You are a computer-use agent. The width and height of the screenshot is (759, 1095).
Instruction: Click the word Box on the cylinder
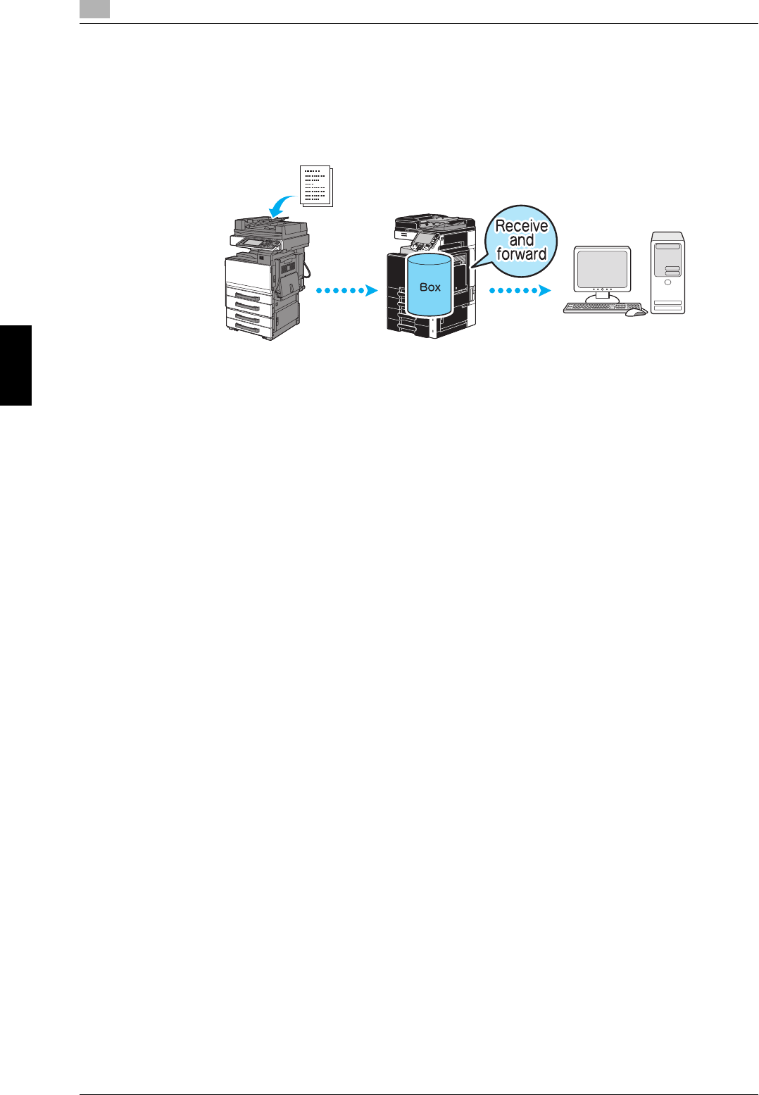pos(429,287)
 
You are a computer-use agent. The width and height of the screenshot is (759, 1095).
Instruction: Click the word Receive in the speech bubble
pos(521,226)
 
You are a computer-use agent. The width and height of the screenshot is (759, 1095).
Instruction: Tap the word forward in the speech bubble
pos(521,254)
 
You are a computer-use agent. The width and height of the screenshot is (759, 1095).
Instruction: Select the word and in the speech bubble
pos(521,240)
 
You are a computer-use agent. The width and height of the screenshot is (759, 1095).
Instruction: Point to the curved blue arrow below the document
pos(282,206)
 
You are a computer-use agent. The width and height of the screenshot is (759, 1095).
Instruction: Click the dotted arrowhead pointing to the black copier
pos(372,290)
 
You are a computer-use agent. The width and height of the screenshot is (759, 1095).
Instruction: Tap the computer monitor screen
pos(602,268)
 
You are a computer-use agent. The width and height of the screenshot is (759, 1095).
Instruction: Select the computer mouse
pos(636,312)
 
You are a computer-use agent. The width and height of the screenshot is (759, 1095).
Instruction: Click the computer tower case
pos(667,273)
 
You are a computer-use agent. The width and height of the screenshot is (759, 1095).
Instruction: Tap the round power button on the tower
pos(667,282)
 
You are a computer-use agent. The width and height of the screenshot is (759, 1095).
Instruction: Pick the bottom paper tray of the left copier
pos(249,327)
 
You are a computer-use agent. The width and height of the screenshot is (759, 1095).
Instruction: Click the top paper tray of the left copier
pos(249,296)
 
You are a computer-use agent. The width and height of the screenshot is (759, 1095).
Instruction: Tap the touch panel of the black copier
pos(422,240)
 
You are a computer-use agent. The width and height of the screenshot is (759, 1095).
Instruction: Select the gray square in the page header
pos(94,9)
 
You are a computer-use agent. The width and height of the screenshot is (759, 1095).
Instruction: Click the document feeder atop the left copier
pos(272,225)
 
